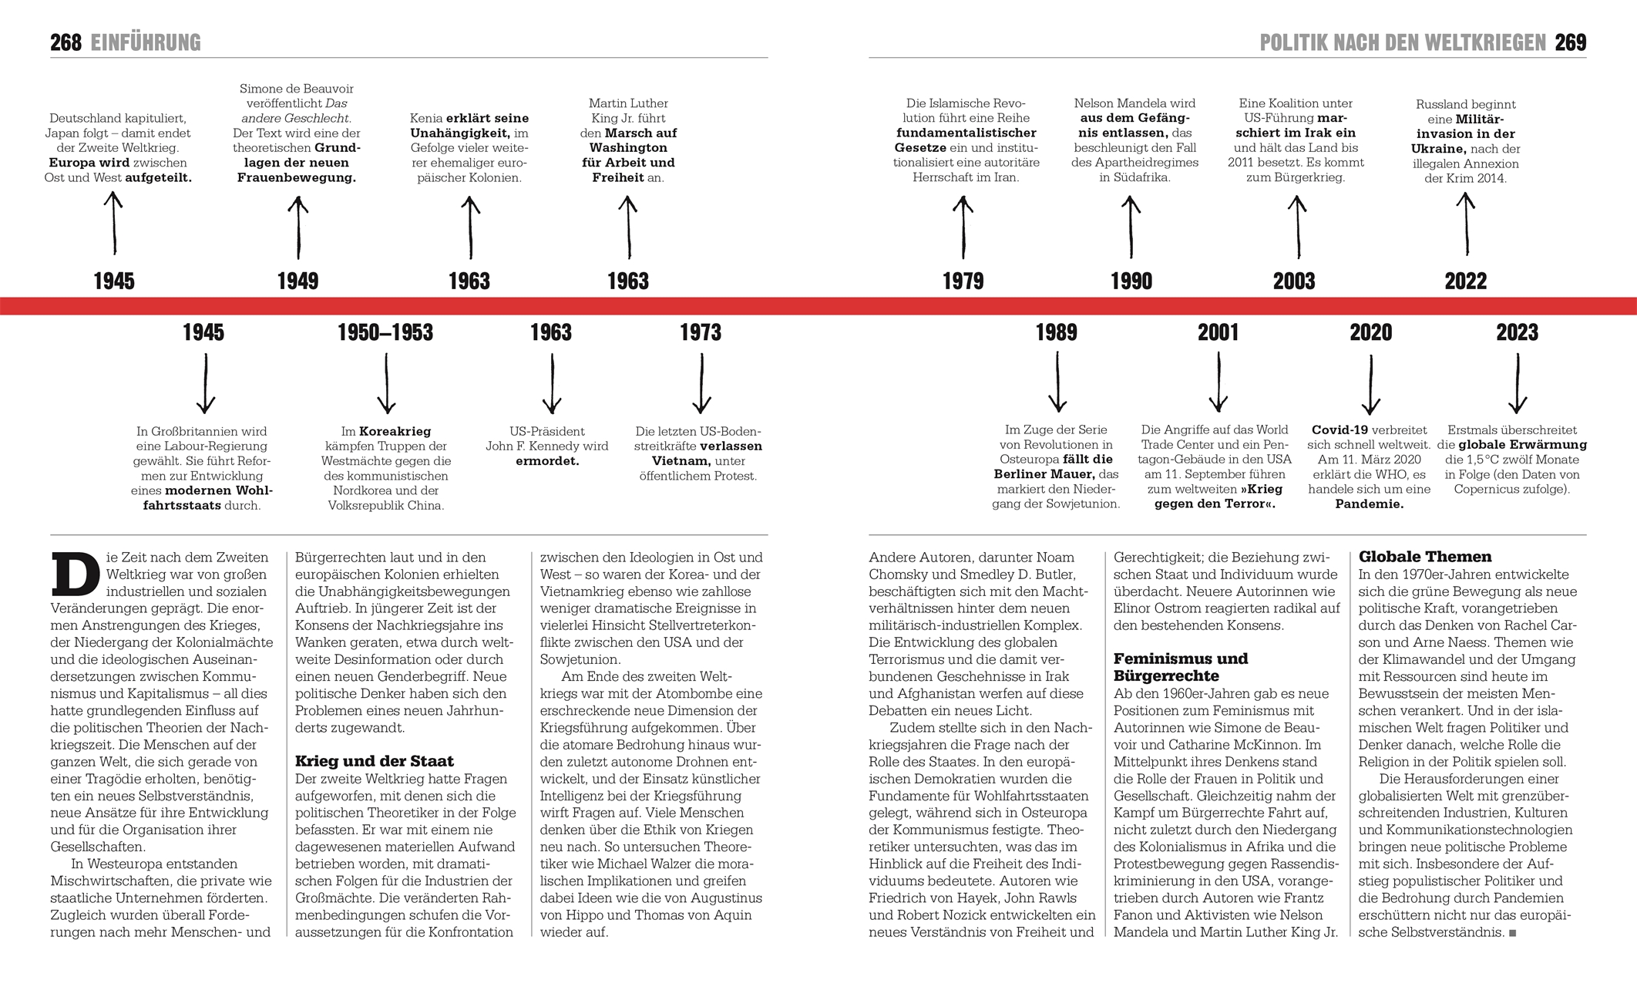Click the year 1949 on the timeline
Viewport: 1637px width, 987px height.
(x=297, y=281)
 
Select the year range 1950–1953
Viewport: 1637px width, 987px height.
(x=385, y=332)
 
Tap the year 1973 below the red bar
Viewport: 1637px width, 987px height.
(x=700, y=332)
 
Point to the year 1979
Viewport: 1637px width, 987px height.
(x=963, y=281)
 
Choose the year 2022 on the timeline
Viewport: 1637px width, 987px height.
(x=1465, y=281)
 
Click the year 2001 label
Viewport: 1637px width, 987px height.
(x=1218, y=332)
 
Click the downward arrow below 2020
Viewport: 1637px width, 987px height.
(x=1370, y=384)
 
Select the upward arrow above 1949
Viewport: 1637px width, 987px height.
(x=297, y=227)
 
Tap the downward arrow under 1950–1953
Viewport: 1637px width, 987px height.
(x=386, y=383)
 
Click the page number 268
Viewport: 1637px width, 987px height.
(x=66, y=42)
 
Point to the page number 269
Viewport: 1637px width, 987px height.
(x=1570, y=42)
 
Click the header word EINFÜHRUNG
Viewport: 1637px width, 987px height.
(x=146, y=42)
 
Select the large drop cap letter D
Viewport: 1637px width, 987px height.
(x=75, y=574)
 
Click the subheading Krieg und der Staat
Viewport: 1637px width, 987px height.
(x=374, y=761)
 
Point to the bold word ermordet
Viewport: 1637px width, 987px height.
(x=547, y=461)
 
